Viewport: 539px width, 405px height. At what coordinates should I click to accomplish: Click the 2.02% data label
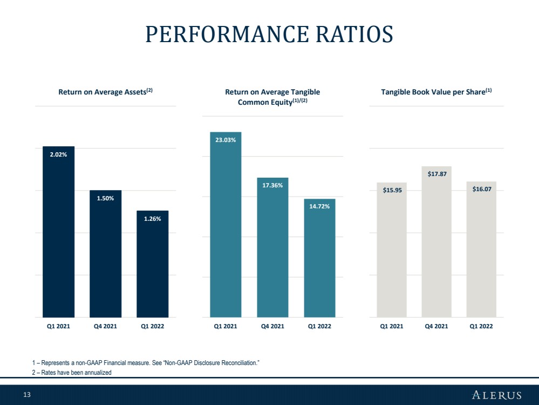click(58, 154)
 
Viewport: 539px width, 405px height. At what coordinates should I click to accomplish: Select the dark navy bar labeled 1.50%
click(106, 254)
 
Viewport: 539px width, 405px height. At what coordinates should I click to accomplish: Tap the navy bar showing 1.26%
click(153, 264)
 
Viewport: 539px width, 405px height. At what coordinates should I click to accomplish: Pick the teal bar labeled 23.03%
click(226, 225)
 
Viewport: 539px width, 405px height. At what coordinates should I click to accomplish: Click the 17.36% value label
click(272, 185)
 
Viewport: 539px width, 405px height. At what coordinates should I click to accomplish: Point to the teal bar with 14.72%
click(320, 258)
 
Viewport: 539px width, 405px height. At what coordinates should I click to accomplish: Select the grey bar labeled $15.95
click(392, 250)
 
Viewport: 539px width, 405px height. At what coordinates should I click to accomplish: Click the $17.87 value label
click(437, 174)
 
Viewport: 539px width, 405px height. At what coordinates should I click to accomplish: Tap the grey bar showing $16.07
click(481, 249)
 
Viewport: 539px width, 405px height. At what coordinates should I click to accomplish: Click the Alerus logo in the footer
click(497, 395)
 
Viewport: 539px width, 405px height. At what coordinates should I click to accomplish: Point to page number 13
click(27, 395)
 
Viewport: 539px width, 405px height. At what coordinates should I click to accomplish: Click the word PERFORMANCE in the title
click(227, 34)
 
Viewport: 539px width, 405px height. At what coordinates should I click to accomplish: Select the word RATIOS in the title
click(354, 34)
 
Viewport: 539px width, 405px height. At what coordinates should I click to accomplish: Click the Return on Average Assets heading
click(105, 91)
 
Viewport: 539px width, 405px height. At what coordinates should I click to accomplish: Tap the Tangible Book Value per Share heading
click(436, 91)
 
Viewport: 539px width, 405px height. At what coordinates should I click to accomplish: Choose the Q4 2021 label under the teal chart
click(272, 326)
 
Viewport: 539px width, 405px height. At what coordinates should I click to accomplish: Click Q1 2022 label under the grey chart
click(481, 326)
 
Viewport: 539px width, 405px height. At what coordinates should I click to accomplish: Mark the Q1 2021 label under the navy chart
click(58, 326)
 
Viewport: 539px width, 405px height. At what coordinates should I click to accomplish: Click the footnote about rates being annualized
click(72, 372)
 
